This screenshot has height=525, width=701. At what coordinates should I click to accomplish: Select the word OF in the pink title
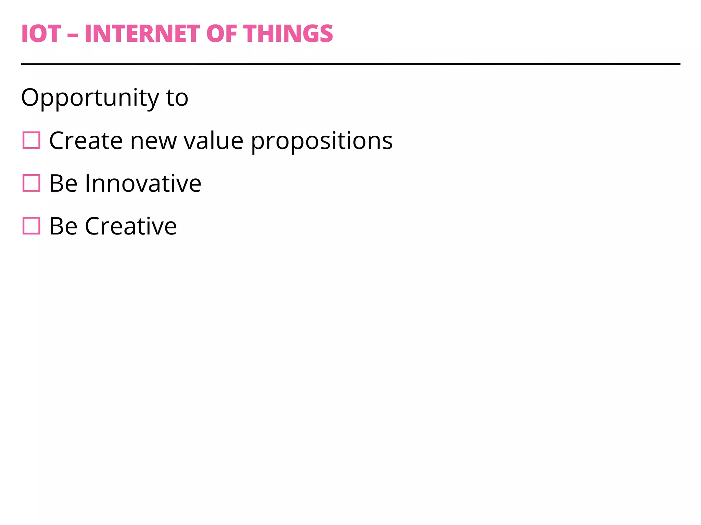221,34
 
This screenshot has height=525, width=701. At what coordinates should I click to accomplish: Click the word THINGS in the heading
288,34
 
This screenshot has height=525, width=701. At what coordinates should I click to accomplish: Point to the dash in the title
73,35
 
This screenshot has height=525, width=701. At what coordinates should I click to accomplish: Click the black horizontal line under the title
350,64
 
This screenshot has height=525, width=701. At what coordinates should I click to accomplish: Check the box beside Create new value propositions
31,140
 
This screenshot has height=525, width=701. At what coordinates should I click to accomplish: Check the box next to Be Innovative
31,183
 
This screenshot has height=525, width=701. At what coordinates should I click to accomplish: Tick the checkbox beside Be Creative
31,226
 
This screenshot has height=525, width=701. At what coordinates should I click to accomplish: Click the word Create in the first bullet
86,140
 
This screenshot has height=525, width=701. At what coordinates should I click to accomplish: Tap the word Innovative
143,183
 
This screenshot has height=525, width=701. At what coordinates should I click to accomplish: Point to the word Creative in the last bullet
131,226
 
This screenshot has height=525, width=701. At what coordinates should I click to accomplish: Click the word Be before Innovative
63,183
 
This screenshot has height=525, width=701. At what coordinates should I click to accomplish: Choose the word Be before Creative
63,226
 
